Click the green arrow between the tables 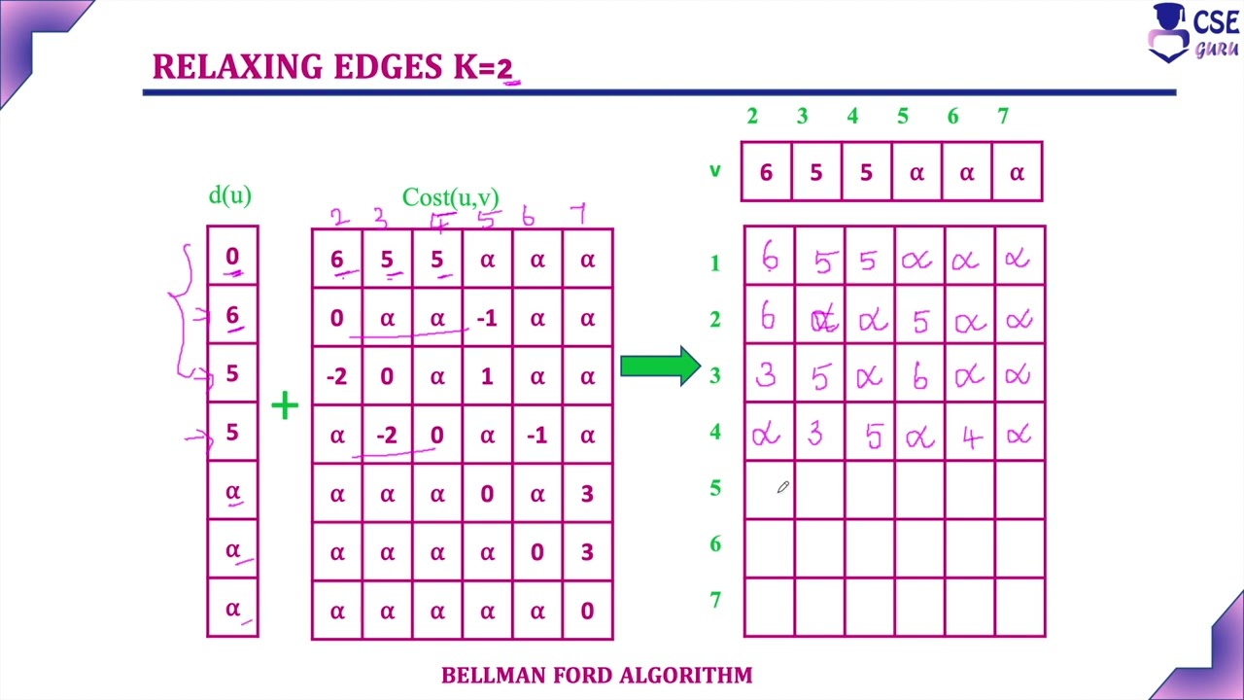(x=660, y=366)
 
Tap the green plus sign (x=285, y=405)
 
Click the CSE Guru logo (x=1193, y=33)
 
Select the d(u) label (x=230, y=195)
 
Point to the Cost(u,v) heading (x=450, y=197)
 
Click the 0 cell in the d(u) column (x=232, y=257)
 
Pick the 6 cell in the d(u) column (x=232, y=315)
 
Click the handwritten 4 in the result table (x=969, y=437)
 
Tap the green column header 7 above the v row (x=1003, y=117)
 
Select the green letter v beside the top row (x=715, y=171)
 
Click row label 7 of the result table (x=715, y=600)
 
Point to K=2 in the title (x=481, y=67)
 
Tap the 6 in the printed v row (x=766, y=172)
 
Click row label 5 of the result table (x=715, y=487)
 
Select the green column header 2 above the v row (x=752, y=117)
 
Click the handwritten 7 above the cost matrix (x=580, y=213)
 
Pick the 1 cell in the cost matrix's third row (x=487, y=376)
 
